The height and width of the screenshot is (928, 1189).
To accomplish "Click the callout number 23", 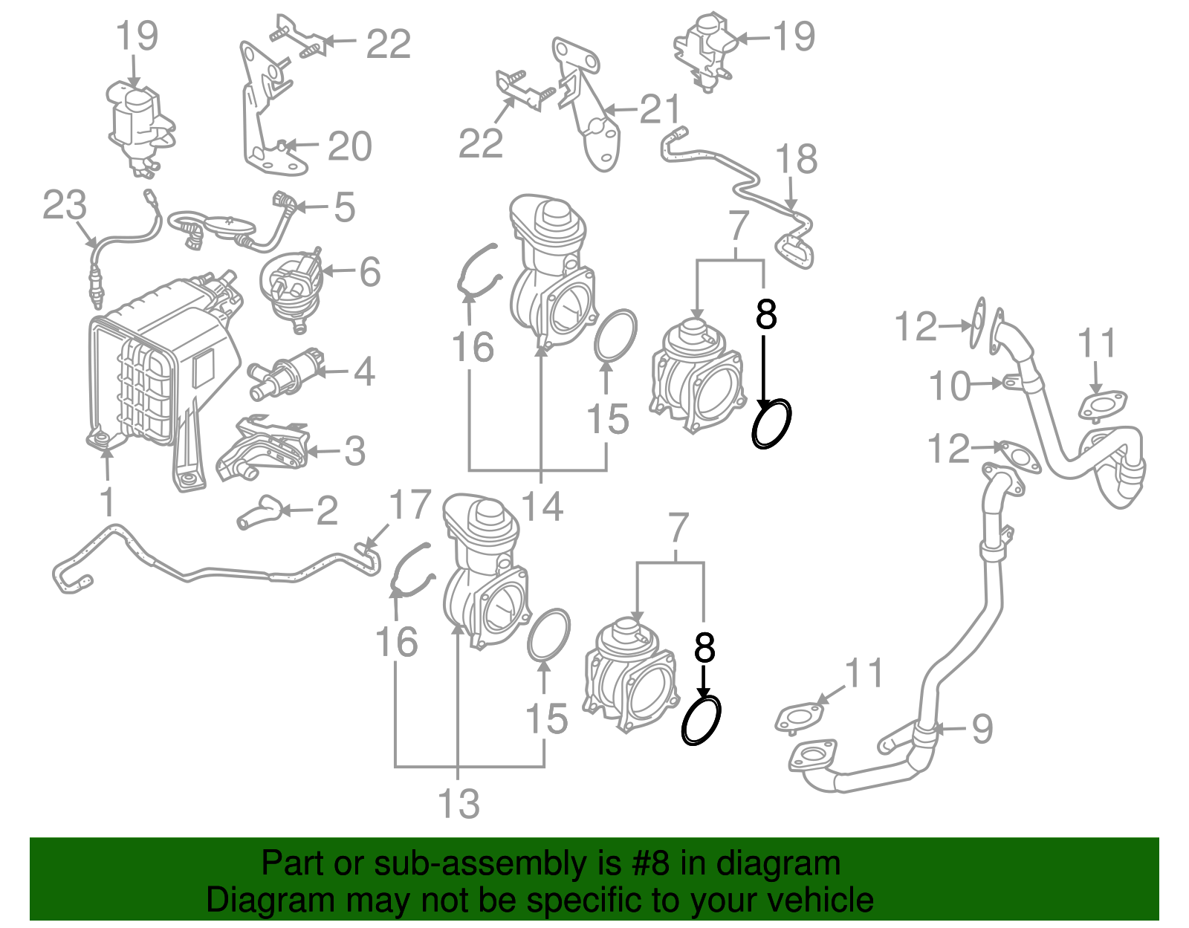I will [x=65, y=205].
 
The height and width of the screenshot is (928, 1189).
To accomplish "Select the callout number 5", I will [x=345, y=207].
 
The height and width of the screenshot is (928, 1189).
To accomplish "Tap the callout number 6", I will [x=370, y=272].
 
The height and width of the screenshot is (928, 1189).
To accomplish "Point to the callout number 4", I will [x=364, y=371].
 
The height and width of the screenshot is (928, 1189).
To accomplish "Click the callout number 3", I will [x=355, y=451].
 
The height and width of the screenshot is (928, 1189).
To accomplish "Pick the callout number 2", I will [x=327, y=510].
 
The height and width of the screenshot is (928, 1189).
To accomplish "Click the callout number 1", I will [x=108, y=502].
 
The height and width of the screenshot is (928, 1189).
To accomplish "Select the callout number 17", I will [x=410, y=505].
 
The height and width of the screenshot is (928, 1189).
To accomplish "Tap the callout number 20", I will [x=349, y=146].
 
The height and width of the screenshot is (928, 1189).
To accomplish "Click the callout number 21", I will [x=660, y=110].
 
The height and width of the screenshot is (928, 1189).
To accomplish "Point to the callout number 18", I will [x=796, y=159].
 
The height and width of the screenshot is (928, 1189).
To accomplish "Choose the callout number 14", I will [x=542, y=507].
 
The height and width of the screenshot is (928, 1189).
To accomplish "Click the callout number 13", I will [x=459, y=804].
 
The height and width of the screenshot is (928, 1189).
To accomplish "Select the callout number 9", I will [x=982, y=728].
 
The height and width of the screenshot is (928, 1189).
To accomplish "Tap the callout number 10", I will [x=950, y=386].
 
